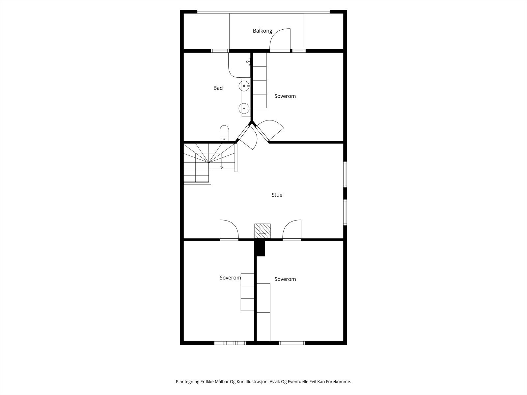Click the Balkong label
click(263, 31)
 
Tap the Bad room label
click(218, 88)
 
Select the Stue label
click(277, 195)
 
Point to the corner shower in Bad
click(239, 65)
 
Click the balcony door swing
click(280, 39)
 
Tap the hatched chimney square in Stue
click(262, 231)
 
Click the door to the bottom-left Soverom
click(229, 230)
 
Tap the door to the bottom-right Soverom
click(292, 230)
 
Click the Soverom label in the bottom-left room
click(230, 278)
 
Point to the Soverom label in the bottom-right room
click(285, 279)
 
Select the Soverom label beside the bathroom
click(285, 96)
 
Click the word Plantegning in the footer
click(187, 382)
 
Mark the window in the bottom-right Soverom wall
click(292, 343)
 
